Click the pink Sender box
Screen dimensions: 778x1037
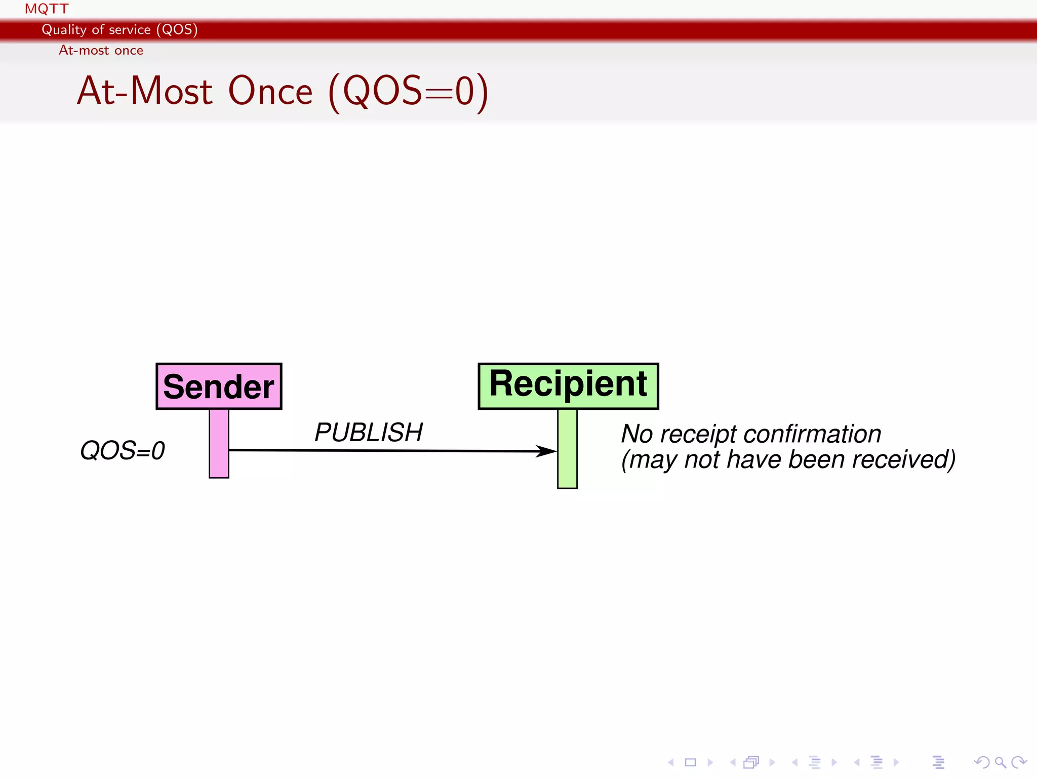tap(219, 386)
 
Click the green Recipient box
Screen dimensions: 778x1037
tap(568, 385)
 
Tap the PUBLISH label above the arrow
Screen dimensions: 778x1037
tap(368, 433)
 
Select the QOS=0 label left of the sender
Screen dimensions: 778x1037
tap(123, 450)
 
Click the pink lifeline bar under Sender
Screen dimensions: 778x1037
tap(219, 443)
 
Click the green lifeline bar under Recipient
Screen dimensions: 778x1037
tap(567, 448)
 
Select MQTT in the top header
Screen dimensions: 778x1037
tap(47, 9)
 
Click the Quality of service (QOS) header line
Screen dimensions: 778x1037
tap(119, 29)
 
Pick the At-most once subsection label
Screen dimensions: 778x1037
tap(101, 50)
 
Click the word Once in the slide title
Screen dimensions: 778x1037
tap(270, 91)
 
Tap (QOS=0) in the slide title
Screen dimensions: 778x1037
tap(408, 92)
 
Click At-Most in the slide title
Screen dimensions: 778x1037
tap(145, 91)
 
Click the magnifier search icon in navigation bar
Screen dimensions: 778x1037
tap(1000, 762)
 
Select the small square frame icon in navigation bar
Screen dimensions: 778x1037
tap(690, 762)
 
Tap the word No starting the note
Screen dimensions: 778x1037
tap(636, 434)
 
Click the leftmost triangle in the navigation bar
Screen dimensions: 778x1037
tap(670, 762)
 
